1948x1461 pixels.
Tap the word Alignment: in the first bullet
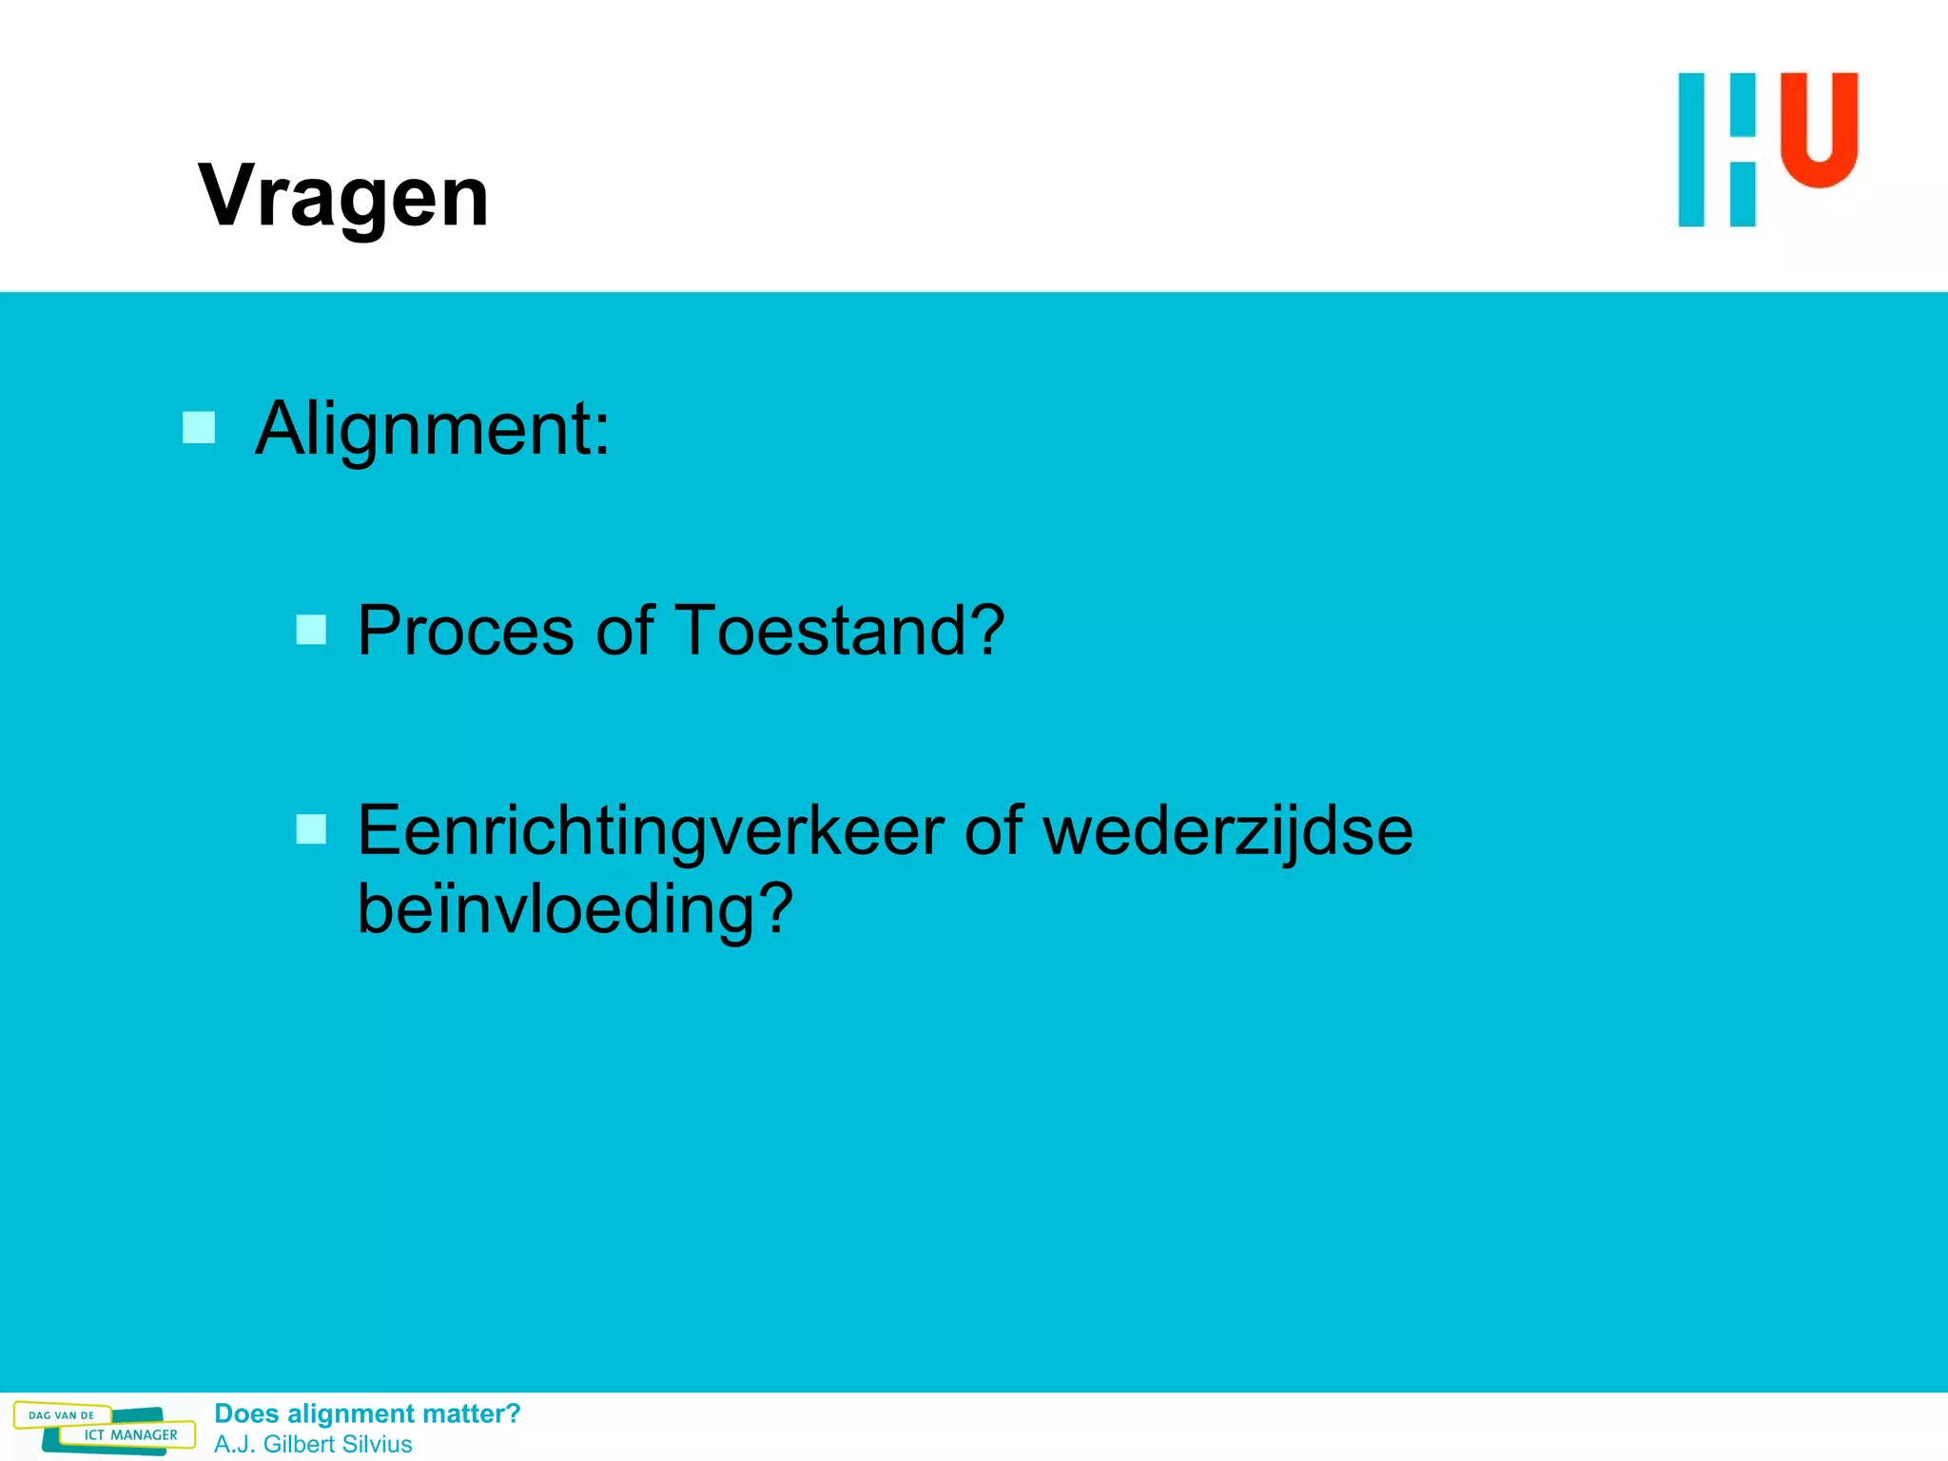[x=432, y=429]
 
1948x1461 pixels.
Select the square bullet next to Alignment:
[x=199, y=428]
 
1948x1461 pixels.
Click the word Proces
[x=465, y=631]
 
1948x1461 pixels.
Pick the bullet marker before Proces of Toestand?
[x=311, y=630]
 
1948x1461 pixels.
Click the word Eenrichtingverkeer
[x=651, y=831]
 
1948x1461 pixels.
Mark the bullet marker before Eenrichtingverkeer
[x=311, y=829]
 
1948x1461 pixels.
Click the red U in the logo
[x=1819, y=128]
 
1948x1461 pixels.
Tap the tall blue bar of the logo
[x=1691, y=149]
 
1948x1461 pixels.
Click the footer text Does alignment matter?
[x=367, y=1413]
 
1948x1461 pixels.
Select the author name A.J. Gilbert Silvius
[x=313, y=1444]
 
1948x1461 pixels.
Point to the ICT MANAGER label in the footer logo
[x=130, y=1435]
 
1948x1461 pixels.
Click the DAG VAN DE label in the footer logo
[x=61, y=1415]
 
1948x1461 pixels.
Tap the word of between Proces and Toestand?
[x=624, y=631]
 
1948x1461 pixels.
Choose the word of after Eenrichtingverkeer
[x=993, y=831]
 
